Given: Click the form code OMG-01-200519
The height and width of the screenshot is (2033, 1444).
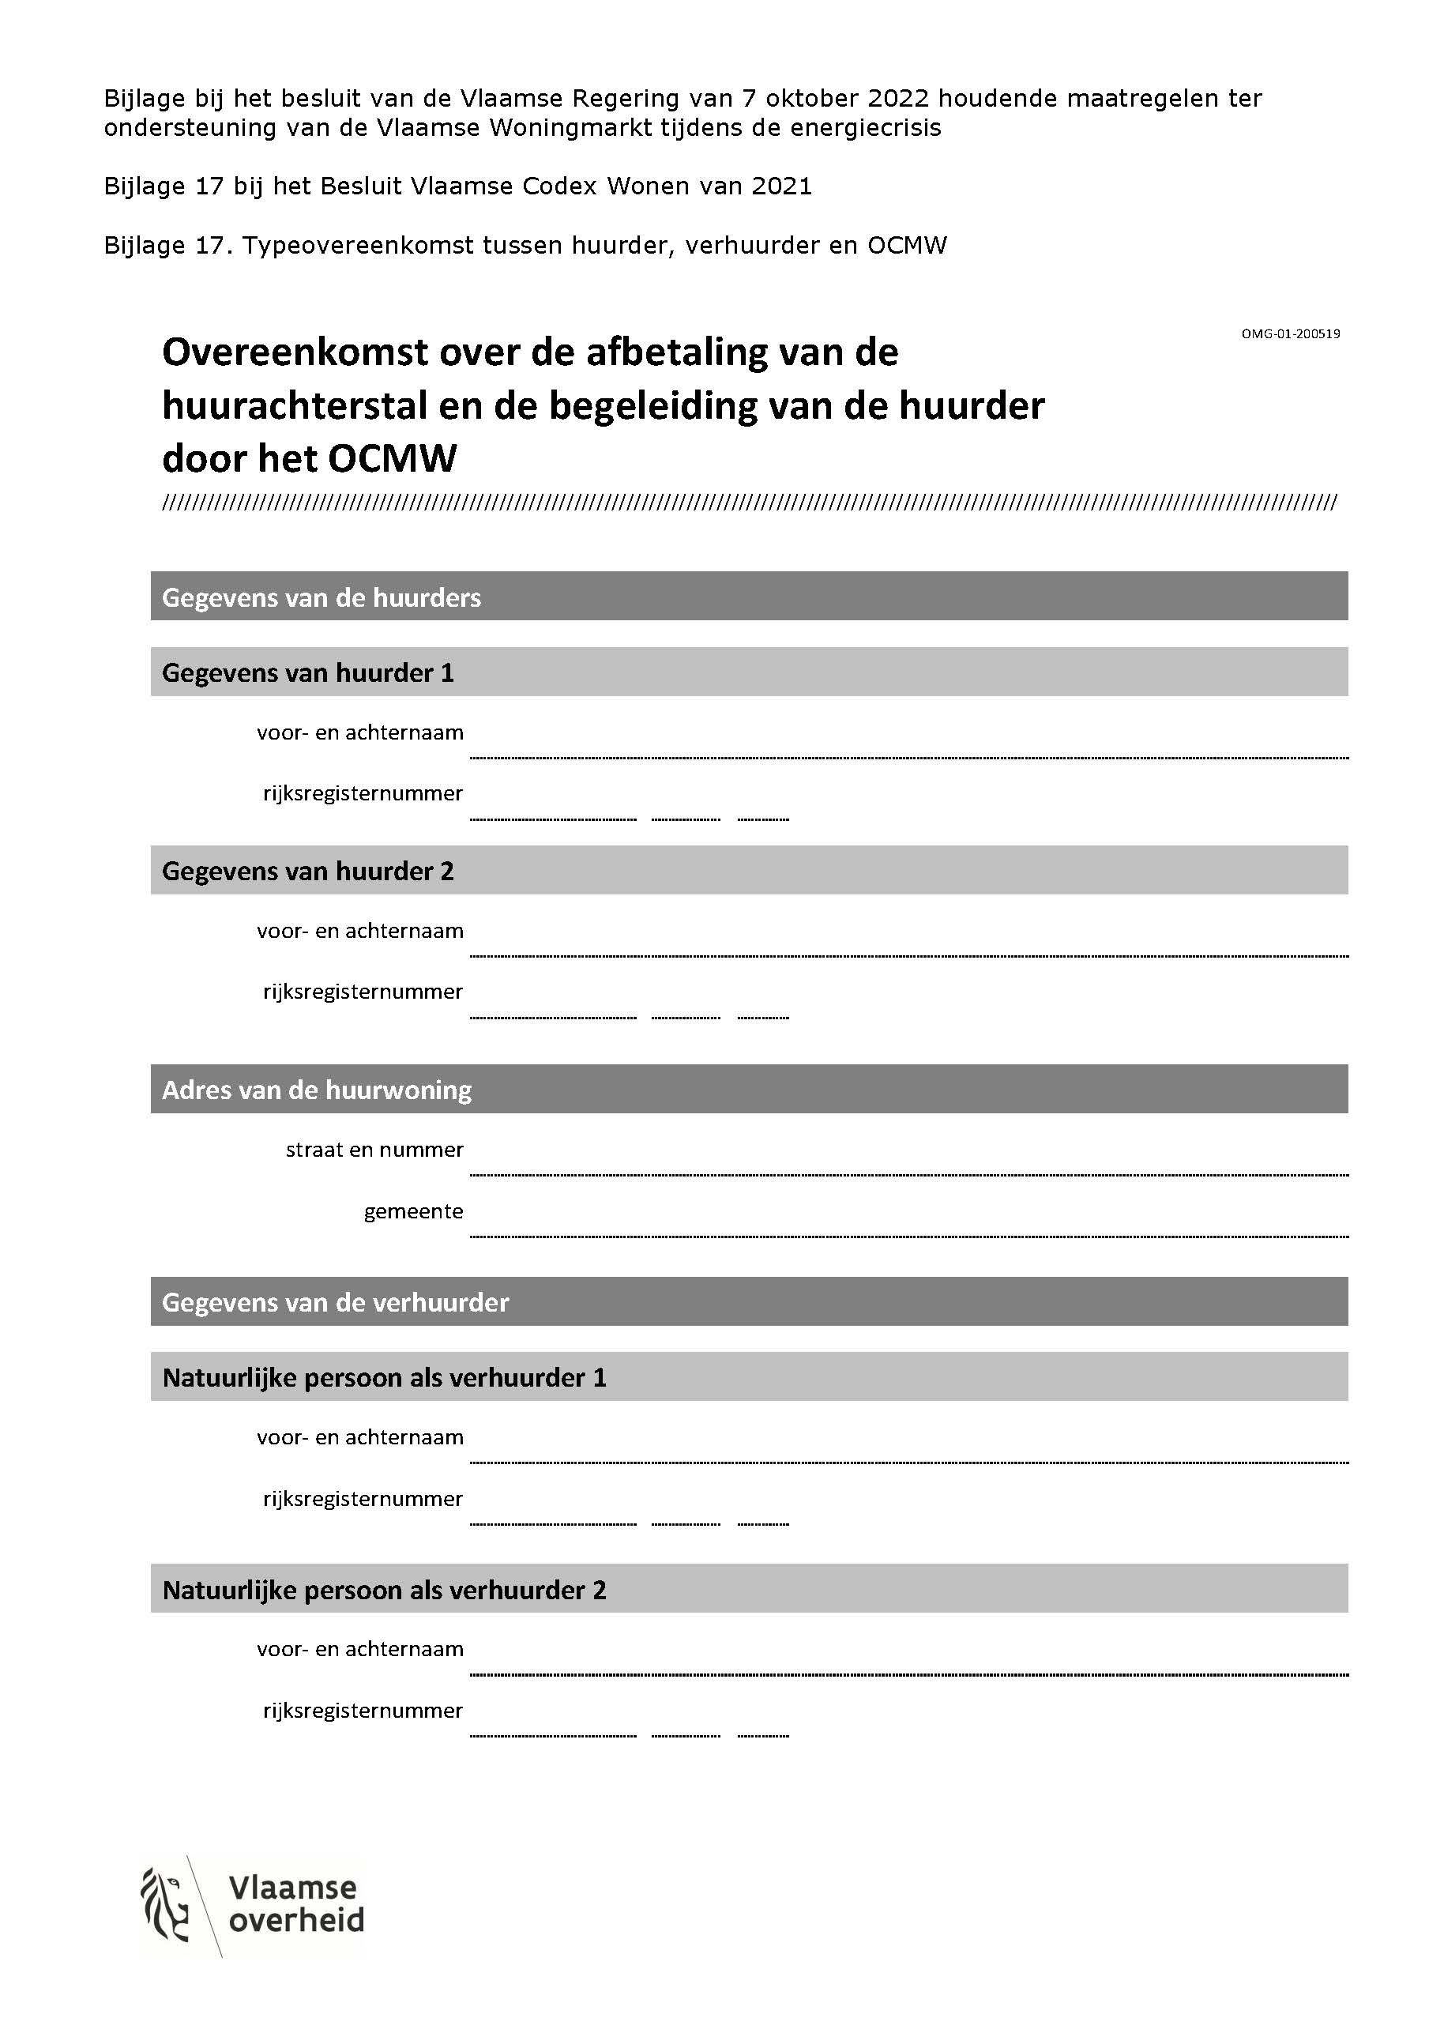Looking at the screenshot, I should click(x=1290, y=334).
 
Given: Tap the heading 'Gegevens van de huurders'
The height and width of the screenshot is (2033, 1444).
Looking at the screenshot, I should click(x=321, y=597).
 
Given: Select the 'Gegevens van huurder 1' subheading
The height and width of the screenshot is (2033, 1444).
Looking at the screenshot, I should click(x=307, y=672).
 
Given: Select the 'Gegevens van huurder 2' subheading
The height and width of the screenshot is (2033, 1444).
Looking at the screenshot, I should click(x=307, y=871).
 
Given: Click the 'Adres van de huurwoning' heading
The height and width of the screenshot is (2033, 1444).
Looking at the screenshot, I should click(x=317, y=1090).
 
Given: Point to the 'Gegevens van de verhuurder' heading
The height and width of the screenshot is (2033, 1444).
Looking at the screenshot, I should click(x=335, y=1302).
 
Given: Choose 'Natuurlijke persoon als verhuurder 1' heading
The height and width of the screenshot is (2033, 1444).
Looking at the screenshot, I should click(x=384, y=1377).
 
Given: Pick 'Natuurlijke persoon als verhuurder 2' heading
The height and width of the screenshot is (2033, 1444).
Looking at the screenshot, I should click(x=384, y=1590).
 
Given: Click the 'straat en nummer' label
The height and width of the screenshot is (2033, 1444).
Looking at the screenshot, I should click(x=374, y=1150).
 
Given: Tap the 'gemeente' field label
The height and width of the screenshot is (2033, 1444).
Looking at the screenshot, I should click(x=413, y=1211).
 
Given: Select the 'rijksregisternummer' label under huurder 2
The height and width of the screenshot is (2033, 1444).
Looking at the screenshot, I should click(x=363, y=992).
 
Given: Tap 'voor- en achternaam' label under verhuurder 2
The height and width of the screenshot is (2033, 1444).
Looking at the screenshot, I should click(x=360, y=1650).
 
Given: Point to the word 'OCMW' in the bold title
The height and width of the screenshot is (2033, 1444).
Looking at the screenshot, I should click(x=392, y=459).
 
